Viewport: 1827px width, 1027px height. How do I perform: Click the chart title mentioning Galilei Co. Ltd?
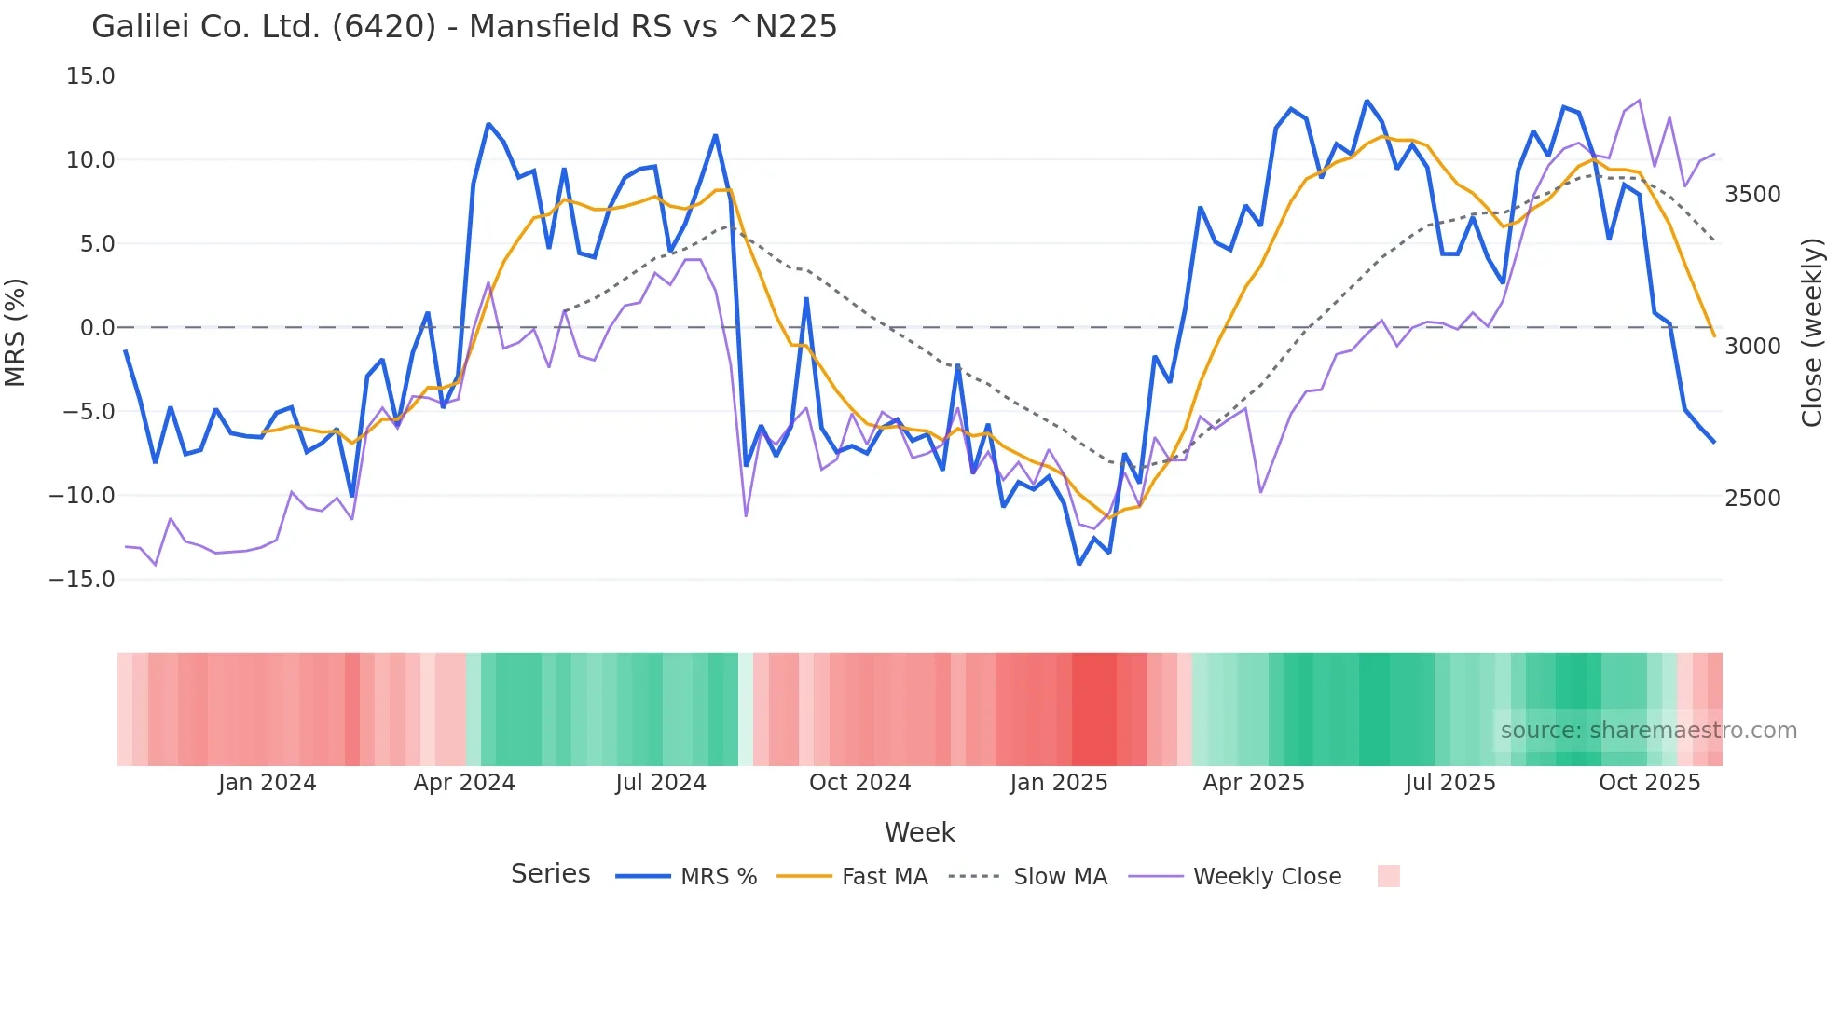pos(464,27)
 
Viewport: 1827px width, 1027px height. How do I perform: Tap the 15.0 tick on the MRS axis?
pos(90,76)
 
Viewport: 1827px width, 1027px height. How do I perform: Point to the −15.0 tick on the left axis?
pos(82,580)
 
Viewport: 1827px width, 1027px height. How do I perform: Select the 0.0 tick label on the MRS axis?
pos(97,328)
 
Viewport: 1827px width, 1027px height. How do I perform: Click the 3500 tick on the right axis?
pos(1752,195)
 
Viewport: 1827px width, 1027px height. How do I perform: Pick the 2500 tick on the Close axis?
pos(1752,498)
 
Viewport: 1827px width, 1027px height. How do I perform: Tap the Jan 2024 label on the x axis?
pos(268,783)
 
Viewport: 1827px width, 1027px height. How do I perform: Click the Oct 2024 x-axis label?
pos(859,783)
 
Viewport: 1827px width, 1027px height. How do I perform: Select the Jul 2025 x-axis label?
pos(1450,783)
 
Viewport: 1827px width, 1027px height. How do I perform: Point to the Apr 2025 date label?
pos(1254,783)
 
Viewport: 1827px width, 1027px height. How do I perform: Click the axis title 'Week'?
pos(919,832)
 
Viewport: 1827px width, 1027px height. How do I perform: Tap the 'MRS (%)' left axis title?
pos(16,332)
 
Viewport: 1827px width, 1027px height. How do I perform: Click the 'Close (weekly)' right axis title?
pos(1811,332)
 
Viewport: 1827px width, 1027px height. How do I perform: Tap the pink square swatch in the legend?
pos(1388,876)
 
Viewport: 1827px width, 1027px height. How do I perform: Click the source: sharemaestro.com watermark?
pos(1648,731)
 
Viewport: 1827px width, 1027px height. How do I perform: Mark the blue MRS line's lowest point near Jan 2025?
pos(1079,564)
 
